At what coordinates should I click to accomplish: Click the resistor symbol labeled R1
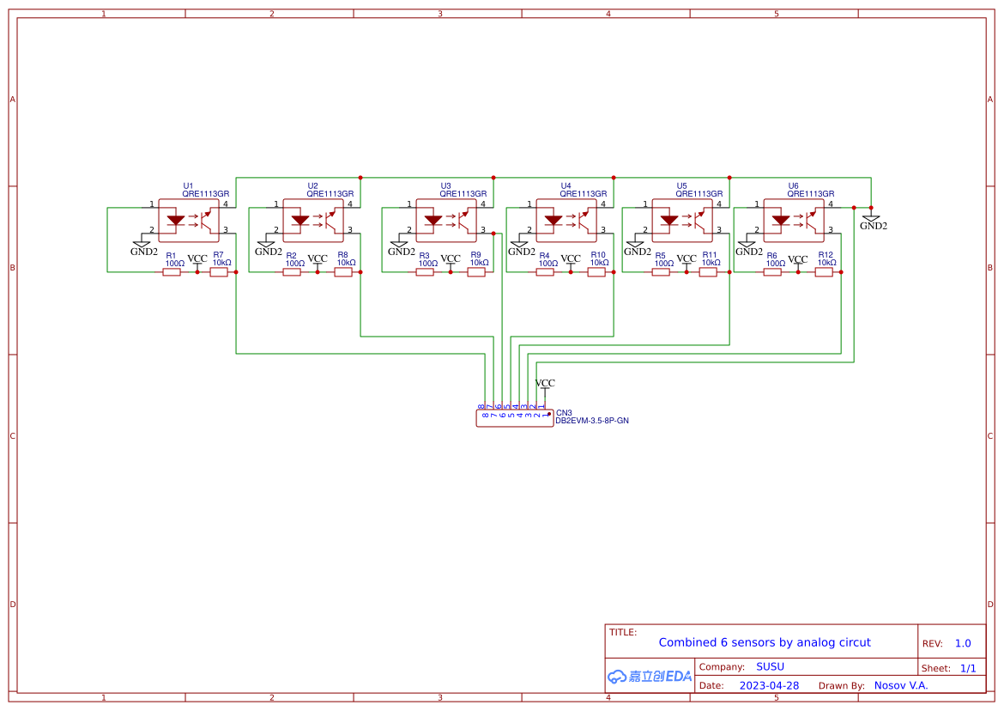[x=172, y=272]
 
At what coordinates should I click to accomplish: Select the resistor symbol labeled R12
[x=824, y=272]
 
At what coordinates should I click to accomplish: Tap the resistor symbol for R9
[x=476, y=272]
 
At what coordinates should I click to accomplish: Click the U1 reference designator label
[x=189, y=185]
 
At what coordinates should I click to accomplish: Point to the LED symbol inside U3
[x=433, y=220]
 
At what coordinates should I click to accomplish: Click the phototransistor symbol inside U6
[x=809, y=222]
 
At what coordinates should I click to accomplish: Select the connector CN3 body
[x=514, y=418]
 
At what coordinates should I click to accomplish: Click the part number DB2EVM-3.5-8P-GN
[x=592, y=421]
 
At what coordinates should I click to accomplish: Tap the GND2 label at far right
[x=874, y=226]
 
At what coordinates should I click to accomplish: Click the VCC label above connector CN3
[x=545, y=383]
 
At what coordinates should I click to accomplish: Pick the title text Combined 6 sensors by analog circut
[x=764, y=642]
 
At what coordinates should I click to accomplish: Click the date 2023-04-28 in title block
[x=769, y=685]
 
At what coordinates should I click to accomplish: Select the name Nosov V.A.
[x=900, y=685]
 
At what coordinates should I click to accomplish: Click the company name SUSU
[x=770, y=666]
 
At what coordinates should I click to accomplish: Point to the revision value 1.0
[x=963, y=643]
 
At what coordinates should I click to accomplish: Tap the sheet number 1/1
[x=967, y=668]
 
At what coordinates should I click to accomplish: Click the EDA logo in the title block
[x=650, y=676]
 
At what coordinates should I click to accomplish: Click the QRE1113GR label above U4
[x=583, y=194]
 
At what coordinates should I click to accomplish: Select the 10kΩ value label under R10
[x=599, y=263]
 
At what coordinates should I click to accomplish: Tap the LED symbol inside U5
[x=669, y=220]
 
